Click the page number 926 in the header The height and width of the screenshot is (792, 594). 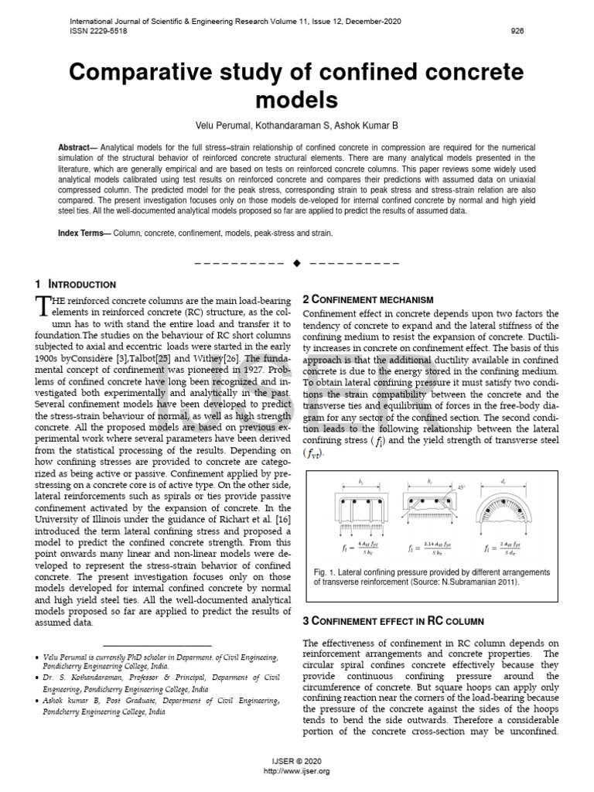pyautogui.click(x=517, y=32)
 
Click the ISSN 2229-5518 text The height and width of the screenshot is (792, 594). pyautogui.click(x=98, y=32)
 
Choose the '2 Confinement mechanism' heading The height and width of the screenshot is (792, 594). pyautogui.click(x=367, y=299)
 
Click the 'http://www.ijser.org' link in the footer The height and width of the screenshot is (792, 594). pyautogui.click(x=296, y=771)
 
